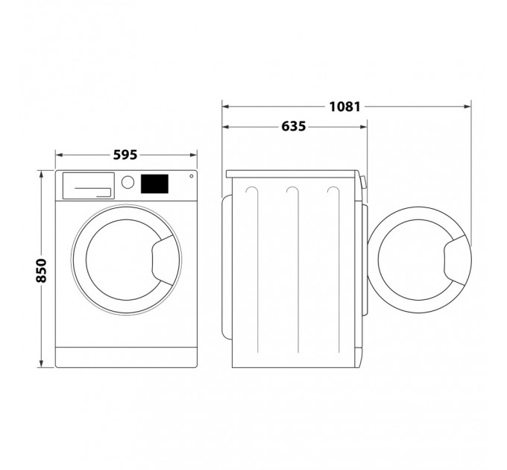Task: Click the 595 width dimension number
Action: [x=126, y=155]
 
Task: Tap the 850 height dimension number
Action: [x=41, y=269]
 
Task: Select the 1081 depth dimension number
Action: [x=344, y=106]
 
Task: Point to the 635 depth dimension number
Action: [x=293, y=127]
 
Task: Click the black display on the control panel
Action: [x=154, y=182]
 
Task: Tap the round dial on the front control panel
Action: [x=127, y=182]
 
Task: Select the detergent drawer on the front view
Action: [x=87, y=185]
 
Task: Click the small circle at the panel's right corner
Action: [x=192, y=177]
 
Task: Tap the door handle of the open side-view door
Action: [x=456, y=260]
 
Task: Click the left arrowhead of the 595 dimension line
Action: [x=59, y=155]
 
